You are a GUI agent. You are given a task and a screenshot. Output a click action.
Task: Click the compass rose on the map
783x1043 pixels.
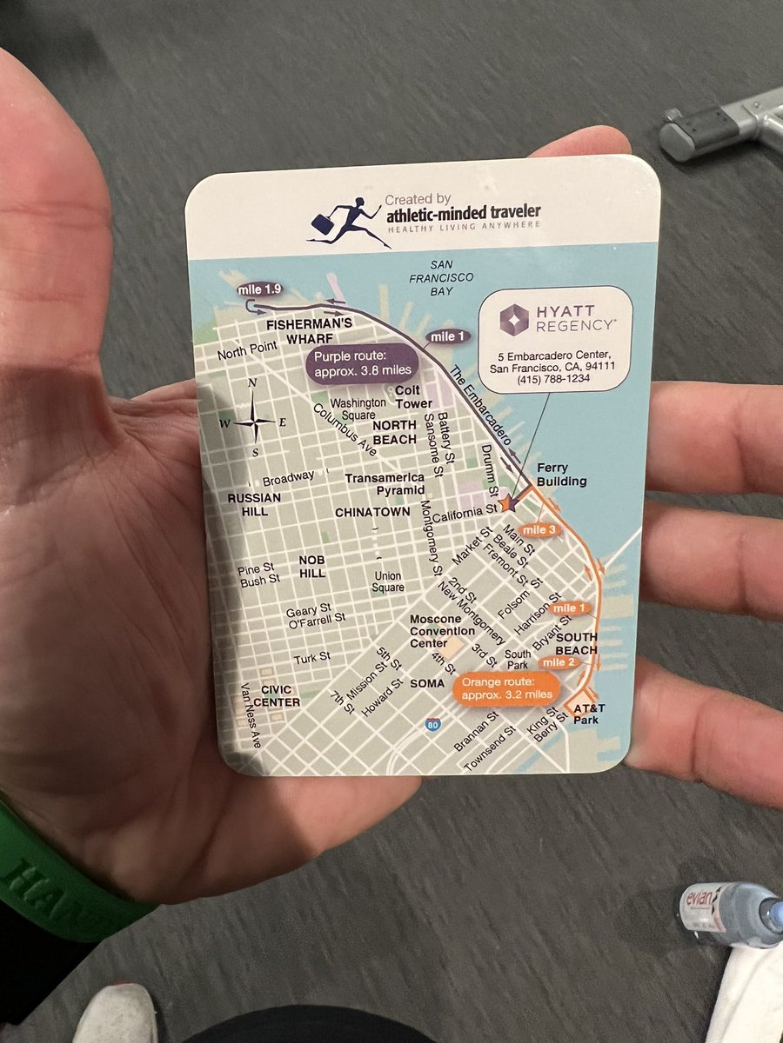pos(253,422)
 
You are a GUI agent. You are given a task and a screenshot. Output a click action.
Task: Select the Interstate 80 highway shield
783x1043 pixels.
pos(432,724)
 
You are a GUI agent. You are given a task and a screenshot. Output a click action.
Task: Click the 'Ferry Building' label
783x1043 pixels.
pos(561,475)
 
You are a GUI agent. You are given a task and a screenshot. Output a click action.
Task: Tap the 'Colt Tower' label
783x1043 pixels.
pos(413,397)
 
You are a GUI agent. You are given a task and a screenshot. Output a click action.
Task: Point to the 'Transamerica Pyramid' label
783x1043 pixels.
pos(385,484)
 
